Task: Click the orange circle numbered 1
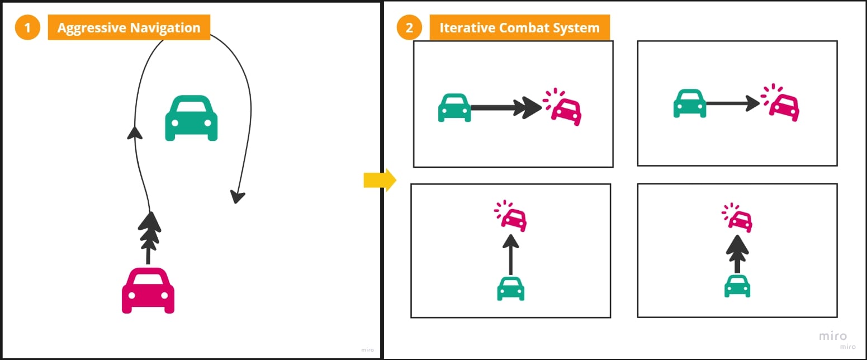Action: point(27,27)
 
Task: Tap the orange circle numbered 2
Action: point(409,27)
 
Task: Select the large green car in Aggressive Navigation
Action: point(191,118)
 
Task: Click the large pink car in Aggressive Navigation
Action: point(148,290)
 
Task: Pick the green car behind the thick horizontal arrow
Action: point(454,107)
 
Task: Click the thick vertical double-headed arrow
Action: point(738,254)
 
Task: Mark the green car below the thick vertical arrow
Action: point(737,286)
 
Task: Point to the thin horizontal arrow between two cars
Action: point(732,103)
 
